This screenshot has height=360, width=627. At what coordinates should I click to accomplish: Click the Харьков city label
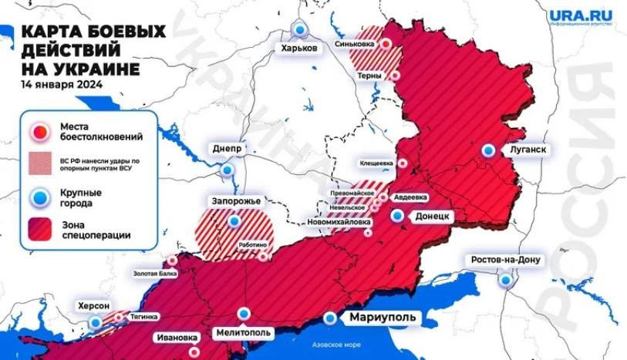point(299,48)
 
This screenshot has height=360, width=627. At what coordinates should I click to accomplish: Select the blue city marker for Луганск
point(487,151)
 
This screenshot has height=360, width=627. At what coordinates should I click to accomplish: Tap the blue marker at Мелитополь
point(244,313)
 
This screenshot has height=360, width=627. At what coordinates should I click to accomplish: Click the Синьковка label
point(356,45)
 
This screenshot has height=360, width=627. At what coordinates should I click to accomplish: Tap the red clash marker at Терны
point(396,76)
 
